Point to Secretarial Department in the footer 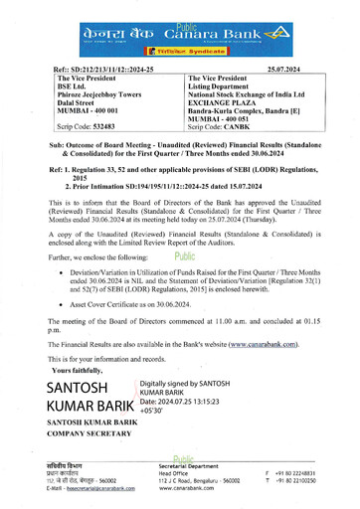click(197, 466)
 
